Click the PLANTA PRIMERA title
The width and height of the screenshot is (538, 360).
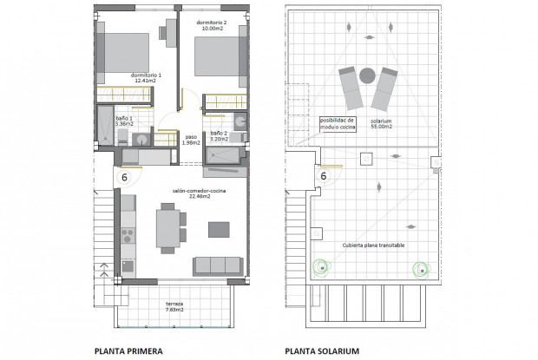[133, 350]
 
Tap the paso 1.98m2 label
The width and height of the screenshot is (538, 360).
[189, 140]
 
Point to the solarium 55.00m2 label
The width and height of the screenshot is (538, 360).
[380, 124]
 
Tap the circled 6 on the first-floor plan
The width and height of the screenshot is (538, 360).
[124, 176]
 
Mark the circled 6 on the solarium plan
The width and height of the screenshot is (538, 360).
[323, 175]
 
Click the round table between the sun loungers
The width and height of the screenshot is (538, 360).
[368, 75]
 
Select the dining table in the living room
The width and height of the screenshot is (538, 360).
[167, 227]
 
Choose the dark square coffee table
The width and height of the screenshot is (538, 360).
[219, 228]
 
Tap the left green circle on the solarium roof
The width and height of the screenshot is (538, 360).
[322, 268]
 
